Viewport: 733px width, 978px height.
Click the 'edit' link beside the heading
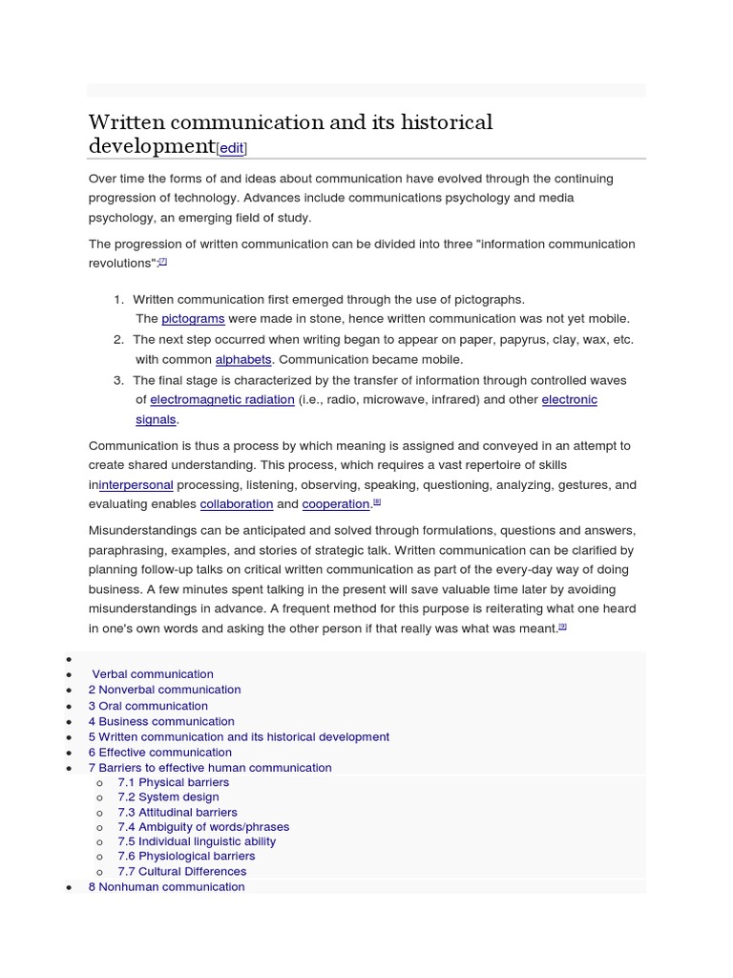click(x=232, y=148)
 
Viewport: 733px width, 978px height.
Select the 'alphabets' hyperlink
click(x=243, y=359)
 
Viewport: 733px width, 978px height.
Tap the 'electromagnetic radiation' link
click(x=221, y=399)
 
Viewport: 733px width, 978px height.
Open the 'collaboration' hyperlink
click(x=237, y=503)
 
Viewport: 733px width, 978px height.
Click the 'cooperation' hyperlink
click(x=335, y=503)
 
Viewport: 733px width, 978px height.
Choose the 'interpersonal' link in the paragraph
click(x=136, y=485)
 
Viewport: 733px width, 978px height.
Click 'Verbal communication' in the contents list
click(x=153, y=674)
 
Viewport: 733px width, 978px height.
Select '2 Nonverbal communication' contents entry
click(x=164, y=690)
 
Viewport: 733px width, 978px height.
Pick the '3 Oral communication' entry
click(x=148, y=706)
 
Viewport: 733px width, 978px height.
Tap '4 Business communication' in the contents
click(x=161, y=721)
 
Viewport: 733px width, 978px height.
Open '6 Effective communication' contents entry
click(x=159, y=753)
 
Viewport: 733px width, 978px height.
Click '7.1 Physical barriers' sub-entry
click(x=173, y=782)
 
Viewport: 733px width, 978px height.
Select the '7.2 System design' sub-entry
click(x=168, y=797)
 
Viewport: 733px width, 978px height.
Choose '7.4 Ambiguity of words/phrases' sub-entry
click(x=203, y=827)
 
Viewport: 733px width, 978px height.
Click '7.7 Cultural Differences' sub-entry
click(x=181, y=871)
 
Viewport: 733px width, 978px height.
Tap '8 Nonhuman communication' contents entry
click(x=166, y=887)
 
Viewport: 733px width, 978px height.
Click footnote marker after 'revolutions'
click(x=163, y=261)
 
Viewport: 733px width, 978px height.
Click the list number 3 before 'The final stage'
click(x=118, y=380)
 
